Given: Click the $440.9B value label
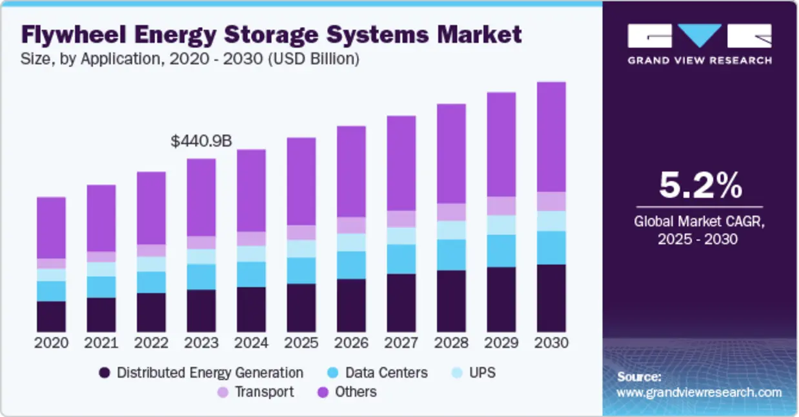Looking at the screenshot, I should coord(201,141).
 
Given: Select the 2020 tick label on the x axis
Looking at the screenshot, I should coord(51,343).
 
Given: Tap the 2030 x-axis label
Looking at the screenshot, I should coord(551,343).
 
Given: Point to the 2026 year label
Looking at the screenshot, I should coord(351,343).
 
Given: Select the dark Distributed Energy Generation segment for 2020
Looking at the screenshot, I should coord(51,316).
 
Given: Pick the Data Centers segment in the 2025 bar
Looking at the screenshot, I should coord(301,270).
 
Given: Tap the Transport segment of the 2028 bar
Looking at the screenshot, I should coord(451,212).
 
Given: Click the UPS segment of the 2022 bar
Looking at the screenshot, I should coord(151,264).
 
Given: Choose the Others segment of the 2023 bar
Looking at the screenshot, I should coord(201,197).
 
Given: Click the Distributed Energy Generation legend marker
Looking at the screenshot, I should coord(105,373).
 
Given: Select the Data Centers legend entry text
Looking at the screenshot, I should coord(386,372).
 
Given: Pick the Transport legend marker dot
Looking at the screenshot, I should coord(223,392).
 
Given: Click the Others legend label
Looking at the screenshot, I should coord(356,392).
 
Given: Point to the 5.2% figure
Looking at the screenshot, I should coord(700,186).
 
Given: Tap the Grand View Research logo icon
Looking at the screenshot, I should coord(700,36).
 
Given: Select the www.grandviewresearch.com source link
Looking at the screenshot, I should coord(699,392).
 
